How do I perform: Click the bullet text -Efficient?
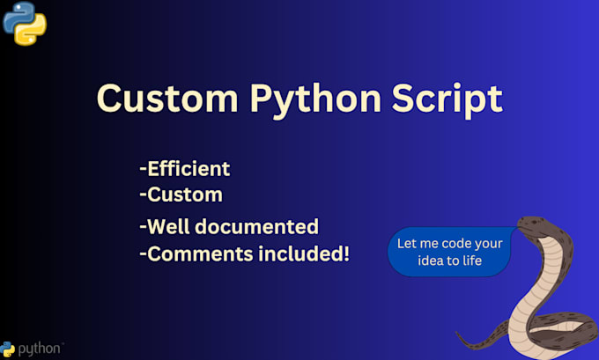[184, 168]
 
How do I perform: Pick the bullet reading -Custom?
[181, 194]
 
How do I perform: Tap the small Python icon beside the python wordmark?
[8, 349]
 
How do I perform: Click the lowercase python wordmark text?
[40, 349]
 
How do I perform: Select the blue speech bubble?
[450, 251]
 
